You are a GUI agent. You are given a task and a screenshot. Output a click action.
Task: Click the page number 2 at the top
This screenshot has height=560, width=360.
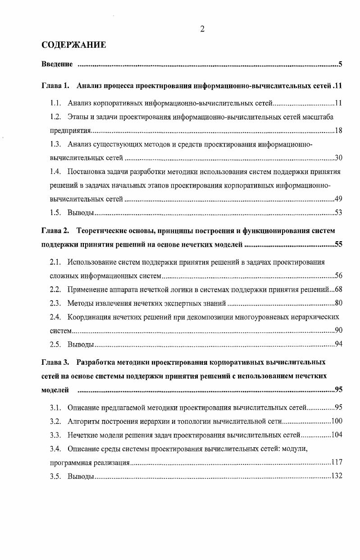(202, 29)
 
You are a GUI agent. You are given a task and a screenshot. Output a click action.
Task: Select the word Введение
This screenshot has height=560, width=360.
(57, 64)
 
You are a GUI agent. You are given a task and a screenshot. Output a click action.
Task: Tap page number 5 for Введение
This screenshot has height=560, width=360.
(341, 64)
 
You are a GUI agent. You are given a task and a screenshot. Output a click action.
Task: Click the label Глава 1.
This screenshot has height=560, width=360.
(55, 85)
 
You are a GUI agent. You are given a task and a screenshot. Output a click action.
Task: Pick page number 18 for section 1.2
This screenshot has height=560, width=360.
(338, 131)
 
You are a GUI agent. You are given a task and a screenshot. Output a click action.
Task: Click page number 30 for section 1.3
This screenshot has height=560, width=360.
(338, 158)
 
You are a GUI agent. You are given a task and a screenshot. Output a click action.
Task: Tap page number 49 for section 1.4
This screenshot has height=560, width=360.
(338, 199)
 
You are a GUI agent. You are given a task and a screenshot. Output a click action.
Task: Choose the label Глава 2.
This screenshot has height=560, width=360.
(55, 231)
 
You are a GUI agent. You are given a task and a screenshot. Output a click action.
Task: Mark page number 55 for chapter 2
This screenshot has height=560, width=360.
(338, 245)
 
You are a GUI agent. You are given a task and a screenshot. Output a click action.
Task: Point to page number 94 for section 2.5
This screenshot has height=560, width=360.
(338, 344)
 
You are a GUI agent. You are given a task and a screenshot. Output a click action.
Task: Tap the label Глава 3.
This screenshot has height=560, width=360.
(55, 362)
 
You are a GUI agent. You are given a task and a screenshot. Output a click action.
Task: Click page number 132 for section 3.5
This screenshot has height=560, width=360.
(337, 476)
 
